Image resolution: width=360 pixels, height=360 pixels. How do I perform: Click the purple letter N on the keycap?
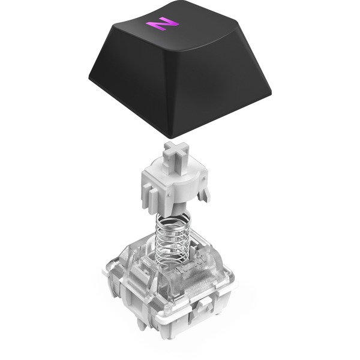pos(163,23)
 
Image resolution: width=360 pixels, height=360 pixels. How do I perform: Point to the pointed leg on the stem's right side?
pos(205,193)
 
